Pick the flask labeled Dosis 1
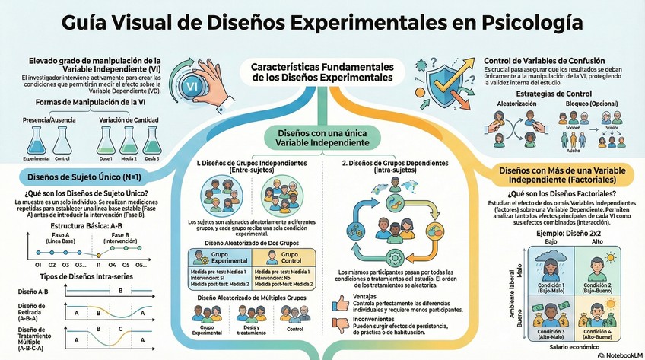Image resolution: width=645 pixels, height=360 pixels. coord(106,140)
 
